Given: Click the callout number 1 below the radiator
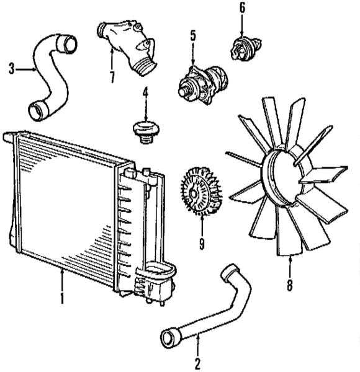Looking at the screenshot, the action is pos(62,298).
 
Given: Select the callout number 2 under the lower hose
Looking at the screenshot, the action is pos(197,364).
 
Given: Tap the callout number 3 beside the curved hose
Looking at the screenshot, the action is pos(12,69).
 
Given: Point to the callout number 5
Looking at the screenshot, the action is pos(193,35).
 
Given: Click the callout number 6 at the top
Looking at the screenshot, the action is pos(241,7).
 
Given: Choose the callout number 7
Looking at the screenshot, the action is pos(112,77).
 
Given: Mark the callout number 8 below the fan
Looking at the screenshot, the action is pos(290,285).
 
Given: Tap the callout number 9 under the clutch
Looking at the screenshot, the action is pos(202,244).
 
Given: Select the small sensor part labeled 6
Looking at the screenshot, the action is pos(245,48).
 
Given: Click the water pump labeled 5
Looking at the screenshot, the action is pos(203,84).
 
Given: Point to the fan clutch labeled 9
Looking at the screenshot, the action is pos(201,191).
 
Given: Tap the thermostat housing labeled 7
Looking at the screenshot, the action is pos(128,46).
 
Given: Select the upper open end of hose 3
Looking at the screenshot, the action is pos(67,44).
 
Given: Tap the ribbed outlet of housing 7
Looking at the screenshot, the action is pos(145,67).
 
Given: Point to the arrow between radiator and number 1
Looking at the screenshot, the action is pos(62,280).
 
